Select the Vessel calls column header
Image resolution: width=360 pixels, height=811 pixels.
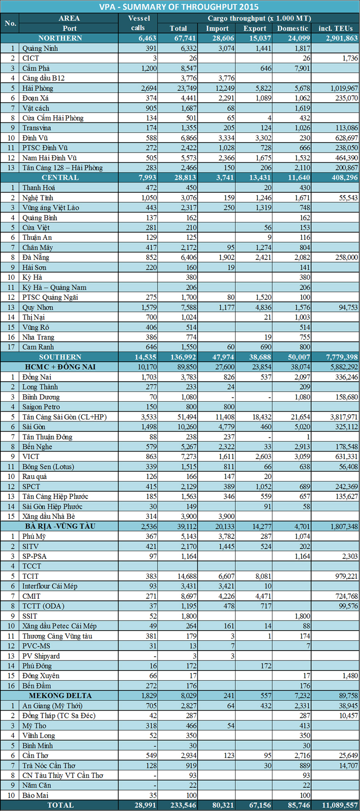[x=138, y=23]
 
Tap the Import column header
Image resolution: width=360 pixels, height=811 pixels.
[x=217, y=28]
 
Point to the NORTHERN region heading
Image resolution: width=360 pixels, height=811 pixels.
[x=60, y=38]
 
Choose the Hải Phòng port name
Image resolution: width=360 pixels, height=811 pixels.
[x=38, y=88]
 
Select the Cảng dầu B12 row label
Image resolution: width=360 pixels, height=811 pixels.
[x=43, y=78]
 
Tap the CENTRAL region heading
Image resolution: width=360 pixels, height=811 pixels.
[x=60, y=177]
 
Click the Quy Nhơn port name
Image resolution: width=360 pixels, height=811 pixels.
[x=38, y=307]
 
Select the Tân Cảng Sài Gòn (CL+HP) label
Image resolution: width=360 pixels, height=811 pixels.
[x=64, y=417]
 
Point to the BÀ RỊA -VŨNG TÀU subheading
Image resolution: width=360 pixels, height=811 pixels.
[x=60, y=526]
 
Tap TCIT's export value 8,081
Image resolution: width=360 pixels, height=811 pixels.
[x=263, y=576]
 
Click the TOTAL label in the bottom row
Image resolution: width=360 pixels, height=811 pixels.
[x=60, y=805]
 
